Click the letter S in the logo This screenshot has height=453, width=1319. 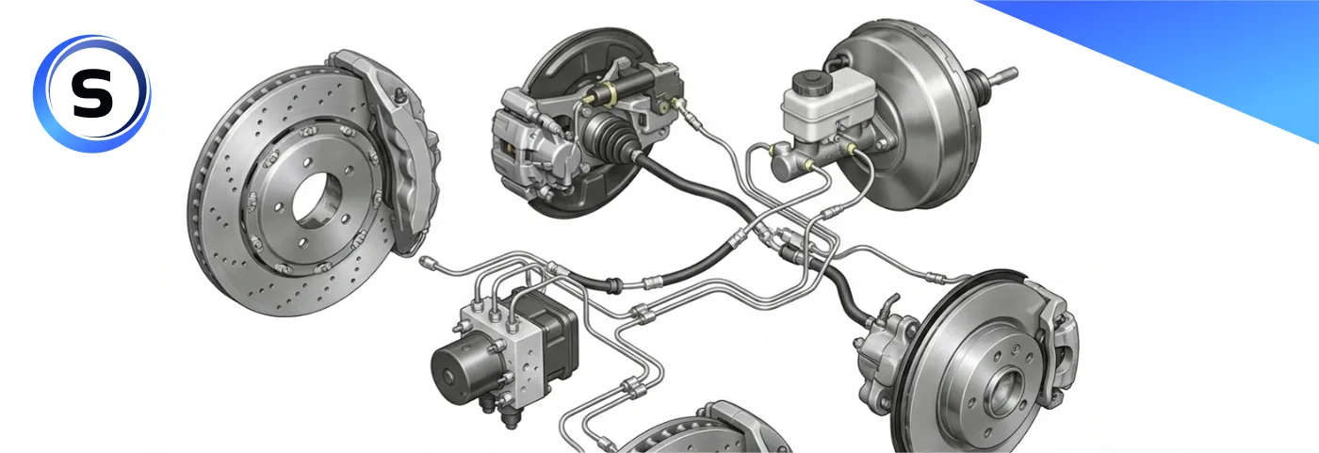[x=92, y=93]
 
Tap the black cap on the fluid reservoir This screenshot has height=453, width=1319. [x=812, y=83]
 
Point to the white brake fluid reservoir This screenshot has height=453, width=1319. [x=828, y=103]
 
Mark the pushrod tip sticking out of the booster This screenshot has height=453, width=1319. [x=1008, y=74]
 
